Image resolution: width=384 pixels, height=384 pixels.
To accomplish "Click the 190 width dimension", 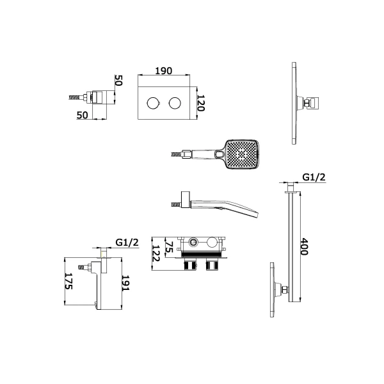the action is (x=164, y=71).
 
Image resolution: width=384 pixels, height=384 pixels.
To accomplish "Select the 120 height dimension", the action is (x=201, y=103).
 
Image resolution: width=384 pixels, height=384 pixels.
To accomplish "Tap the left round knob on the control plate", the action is (x=153, y=103).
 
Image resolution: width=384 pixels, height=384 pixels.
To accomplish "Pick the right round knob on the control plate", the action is (x=175, y=103).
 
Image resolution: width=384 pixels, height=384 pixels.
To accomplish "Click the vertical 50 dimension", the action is (x=118, y=81).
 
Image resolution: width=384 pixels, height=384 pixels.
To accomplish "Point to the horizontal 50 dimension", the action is (x=83, y=115).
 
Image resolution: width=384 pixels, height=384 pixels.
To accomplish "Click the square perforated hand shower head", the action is (x=241, y=154).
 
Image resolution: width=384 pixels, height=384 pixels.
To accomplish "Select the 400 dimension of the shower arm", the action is (x=304, y=246).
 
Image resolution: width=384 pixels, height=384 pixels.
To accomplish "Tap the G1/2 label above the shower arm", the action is (x=314, y=177).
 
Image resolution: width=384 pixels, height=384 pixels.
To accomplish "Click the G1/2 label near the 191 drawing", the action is (x=127, y=243).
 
